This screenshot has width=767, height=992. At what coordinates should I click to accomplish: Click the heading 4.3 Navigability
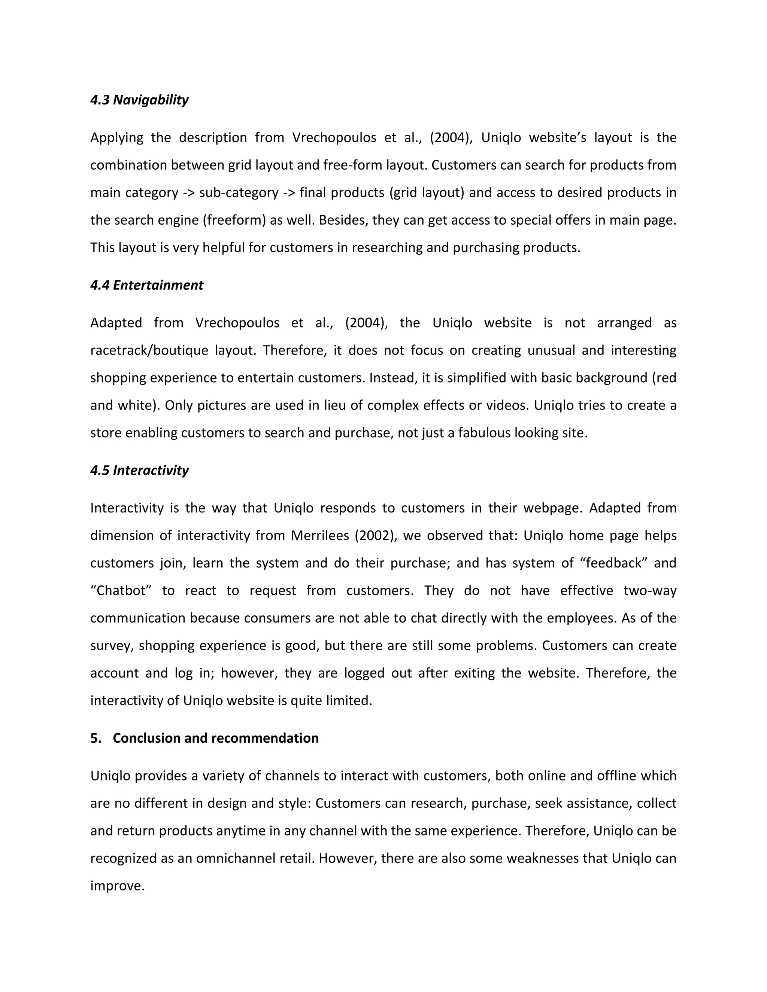[139, 100]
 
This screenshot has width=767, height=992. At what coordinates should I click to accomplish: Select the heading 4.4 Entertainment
[146, 285]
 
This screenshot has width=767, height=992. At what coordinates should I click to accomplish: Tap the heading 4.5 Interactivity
[139, 470]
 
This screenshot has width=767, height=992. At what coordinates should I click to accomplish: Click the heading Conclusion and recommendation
[215, 738]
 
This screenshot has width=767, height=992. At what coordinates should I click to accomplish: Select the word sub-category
[239, 192]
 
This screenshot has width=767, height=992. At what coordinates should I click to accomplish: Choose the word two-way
[650, 590]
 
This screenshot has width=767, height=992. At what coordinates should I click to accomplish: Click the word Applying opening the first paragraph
[117, 138]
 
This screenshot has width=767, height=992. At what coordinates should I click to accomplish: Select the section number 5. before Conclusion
[96, 738]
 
